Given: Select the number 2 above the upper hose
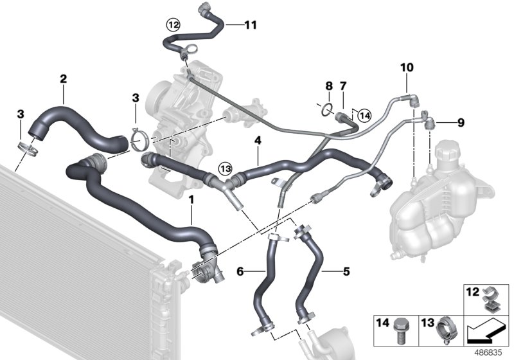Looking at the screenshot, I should coord(63,79).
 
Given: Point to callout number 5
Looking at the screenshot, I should coord(346,271).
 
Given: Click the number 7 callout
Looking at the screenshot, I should coord(343,85).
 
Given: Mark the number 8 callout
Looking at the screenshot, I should coord(328,85).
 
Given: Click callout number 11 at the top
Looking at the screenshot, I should coord(250,25).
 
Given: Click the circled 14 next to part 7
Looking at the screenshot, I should coord(365,116).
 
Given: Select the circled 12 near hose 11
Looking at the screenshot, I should coord(173,25).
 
